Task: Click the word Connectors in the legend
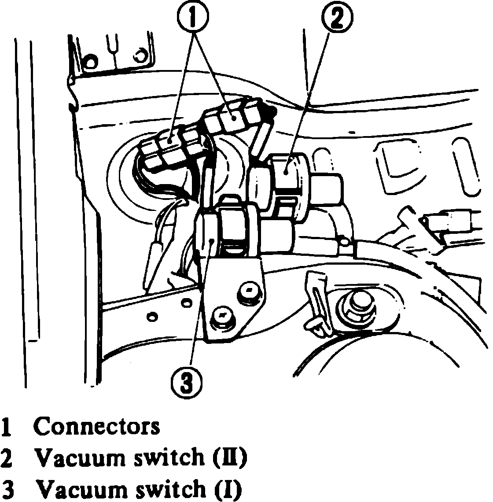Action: (97, 427)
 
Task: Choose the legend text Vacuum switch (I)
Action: (139, 489)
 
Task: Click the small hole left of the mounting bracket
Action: (152, 316)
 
